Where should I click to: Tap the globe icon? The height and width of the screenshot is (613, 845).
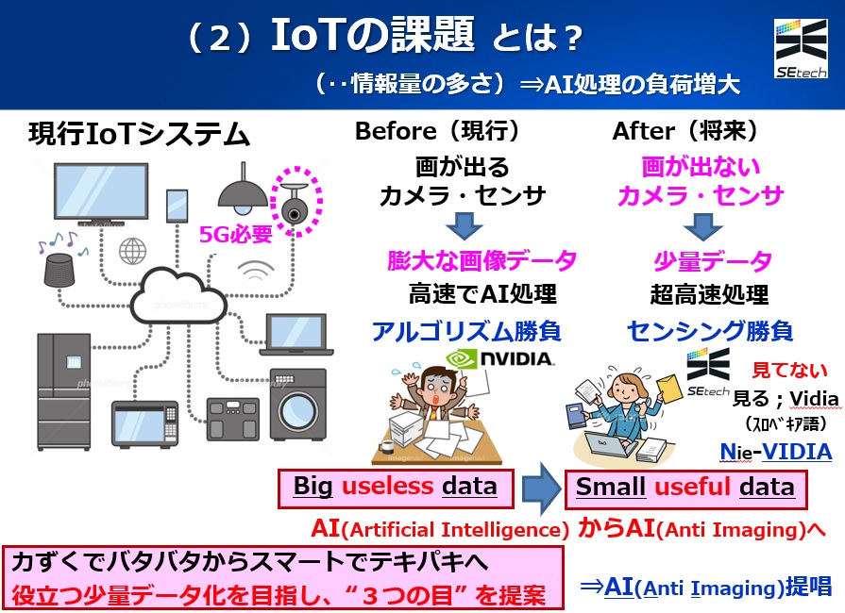pyautogui.click(x=132, y=252)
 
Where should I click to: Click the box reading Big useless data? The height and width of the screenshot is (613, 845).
pyautogui.click(x=396, y=488)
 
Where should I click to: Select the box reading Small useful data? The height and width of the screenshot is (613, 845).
pyautogui.click(x=685, y=488)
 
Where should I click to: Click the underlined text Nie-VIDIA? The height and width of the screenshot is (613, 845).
pyautogui.click(x=775, y=452)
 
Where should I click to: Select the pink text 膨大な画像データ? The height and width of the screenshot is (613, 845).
pyautogui.click(x=482, y=260)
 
